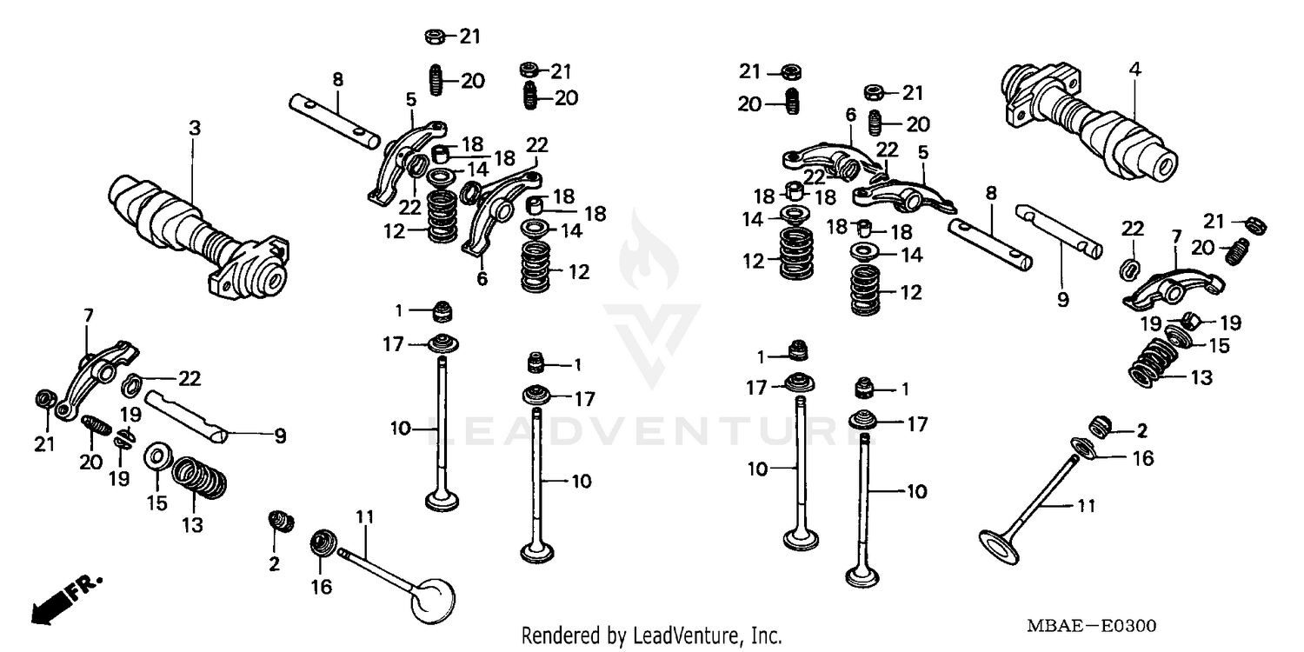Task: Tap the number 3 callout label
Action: tap(195, 128)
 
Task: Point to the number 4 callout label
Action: tap(1134, 69)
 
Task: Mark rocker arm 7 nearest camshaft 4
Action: tap(1174, 288)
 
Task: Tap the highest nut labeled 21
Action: tap(436, 37)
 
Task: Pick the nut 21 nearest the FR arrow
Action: tap(43, 401)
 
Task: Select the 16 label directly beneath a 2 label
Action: tap(1143, 458)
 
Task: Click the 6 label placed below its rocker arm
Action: tap(482, 279)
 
